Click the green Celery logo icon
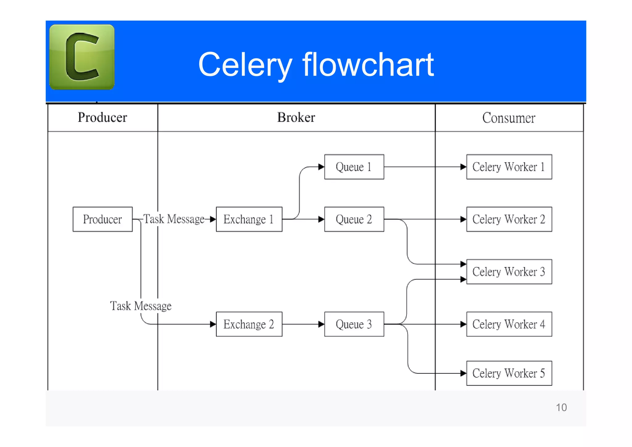click(x=82, y=57)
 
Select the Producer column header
click(x=102, y=117)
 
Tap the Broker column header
click(x=296, y=117)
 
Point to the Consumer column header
click(x=509, y=118)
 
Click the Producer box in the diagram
click(x=102, y=219)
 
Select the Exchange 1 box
click(x=249, y=219)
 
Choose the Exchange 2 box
click(x=249, y=324)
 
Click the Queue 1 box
click(x=354, y=167)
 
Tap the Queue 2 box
click(x=354, y=219)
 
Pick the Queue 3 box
click(x=354, y=324)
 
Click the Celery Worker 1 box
click(x=509, y=167)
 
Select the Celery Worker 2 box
click(x=509, y=219)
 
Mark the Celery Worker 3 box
click(x=509, y=272)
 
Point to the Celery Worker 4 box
click(x=509, y=324)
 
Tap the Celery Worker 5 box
click(x=509, y=373)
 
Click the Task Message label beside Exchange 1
click(x=174, y=219)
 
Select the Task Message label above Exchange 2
click(x=141, y=306)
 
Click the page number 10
click(x=561, y=407)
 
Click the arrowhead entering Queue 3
click(x=321, y=324)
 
